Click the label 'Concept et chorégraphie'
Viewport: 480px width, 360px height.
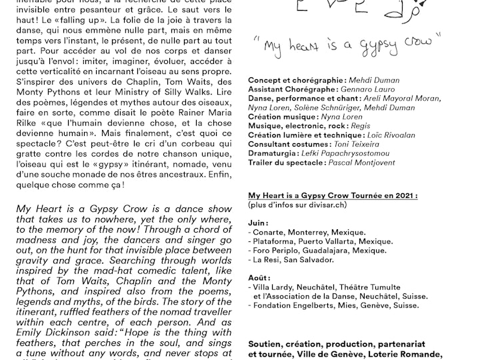(295, 79)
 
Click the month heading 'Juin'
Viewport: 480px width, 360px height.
(259, 223)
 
